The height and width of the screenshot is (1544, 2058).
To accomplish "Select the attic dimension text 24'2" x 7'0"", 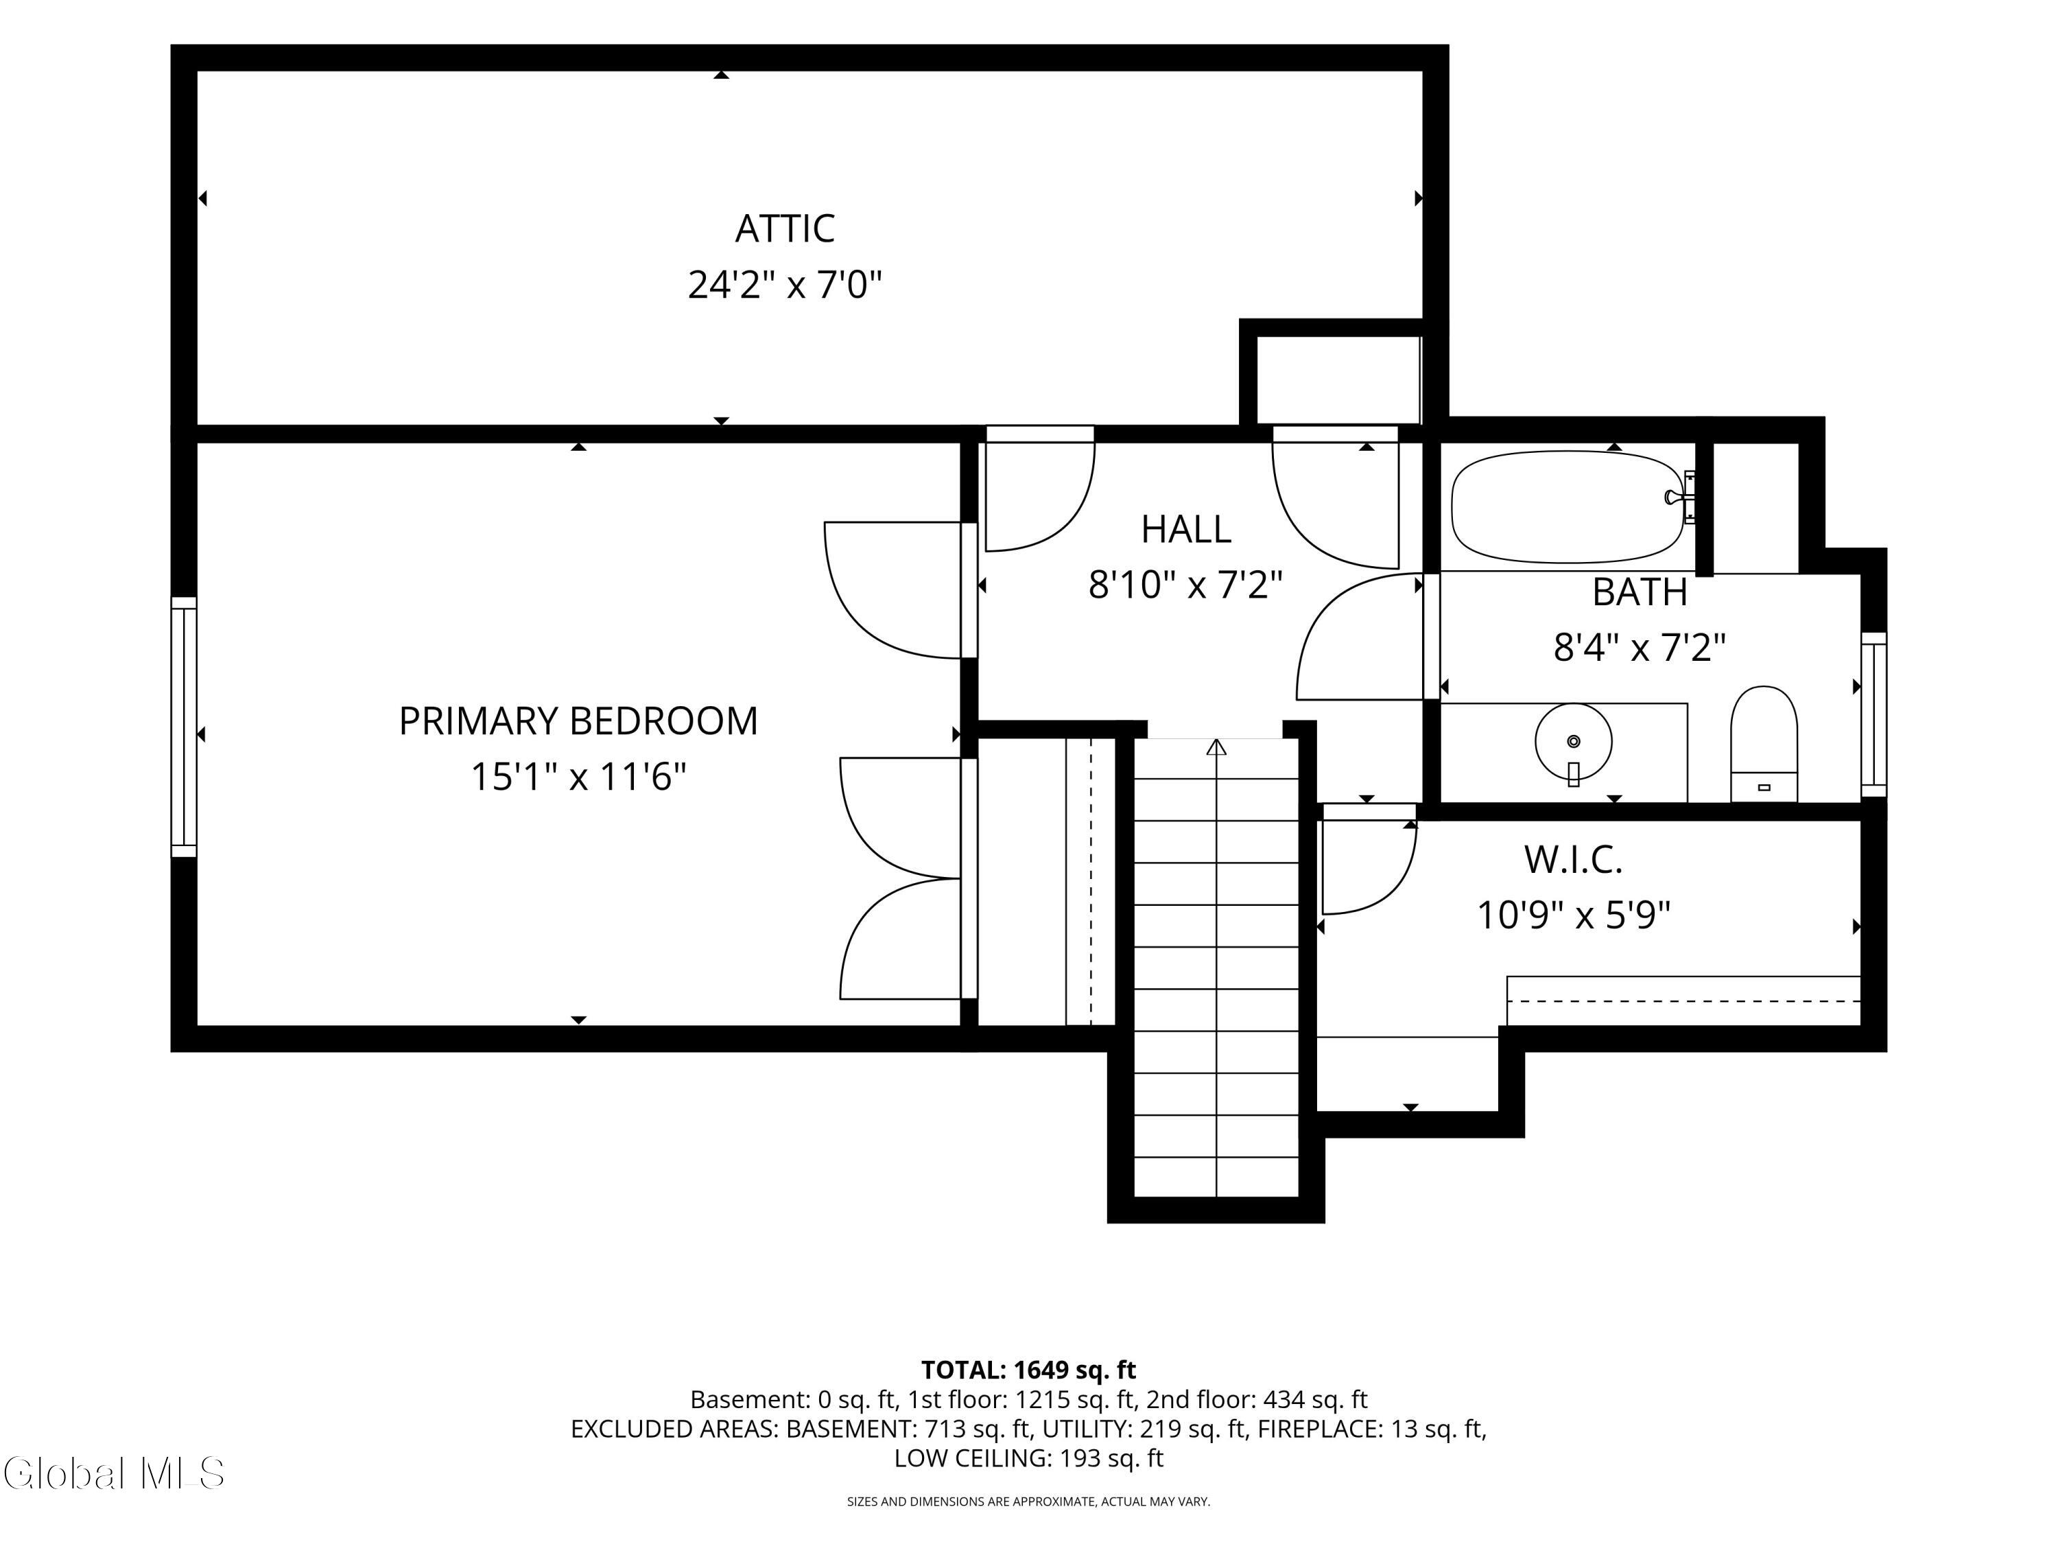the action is (784, 285).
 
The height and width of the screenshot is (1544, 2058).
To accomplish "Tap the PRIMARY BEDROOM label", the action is (578, 721).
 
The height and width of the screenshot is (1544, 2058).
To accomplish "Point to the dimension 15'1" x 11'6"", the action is (578, 777).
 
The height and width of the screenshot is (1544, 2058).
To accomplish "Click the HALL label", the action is (1185, 530).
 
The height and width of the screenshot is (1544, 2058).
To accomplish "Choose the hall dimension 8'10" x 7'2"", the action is (1185, 585).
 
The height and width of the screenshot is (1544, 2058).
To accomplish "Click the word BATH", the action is (1640, 592).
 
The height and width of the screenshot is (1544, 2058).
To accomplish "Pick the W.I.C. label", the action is (1573, 860).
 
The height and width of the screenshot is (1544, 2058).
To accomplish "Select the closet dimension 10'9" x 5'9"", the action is (1573, 915).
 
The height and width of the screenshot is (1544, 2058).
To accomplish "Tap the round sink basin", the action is (1573, 742).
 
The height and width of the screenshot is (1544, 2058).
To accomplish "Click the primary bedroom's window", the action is (185, 727).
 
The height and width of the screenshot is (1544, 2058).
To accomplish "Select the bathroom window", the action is (1873, 715).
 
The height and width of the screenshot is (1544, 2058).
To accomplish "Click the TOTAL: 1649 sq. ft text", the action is (1028, 1370).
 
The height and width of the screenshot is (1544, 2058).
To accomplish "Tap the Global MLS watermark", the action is (113, 1473).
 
